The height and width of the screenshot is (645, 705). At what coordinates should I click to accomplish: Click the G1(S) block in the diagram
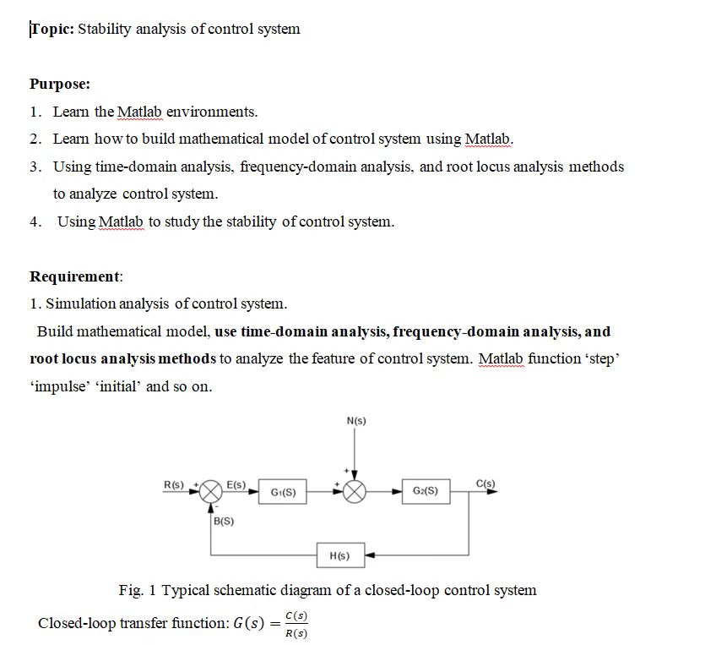point(283,491)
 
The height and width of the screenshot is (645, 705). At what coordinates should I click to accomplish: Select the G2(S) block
point(426,491)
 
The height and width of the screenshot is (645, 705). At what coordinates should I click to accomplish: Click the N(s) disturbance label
point(356,421)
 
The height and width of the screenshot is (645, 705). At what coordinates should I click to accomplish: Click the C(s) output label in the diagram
point(486,484)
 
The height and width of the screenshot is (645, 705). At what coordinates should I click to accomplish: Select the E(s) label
point(236,484)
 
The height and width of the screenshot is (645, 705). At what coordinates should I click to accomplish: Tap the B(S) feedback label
point(225,522)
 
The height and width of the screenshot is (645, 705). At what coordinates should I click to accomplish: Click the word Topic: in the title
point(52,30)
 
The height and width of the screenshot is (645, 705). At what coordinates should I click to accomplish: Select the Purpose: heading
point(60,85)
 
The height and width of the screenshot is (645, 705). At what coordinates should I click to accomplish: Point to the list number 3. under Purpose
point(35,167)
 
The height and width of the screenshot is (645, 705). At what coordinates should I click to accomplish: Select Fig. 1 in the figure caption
point(138,590)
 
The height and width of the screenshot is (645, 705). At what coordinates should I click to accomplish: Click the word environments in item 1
point(212,112)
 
